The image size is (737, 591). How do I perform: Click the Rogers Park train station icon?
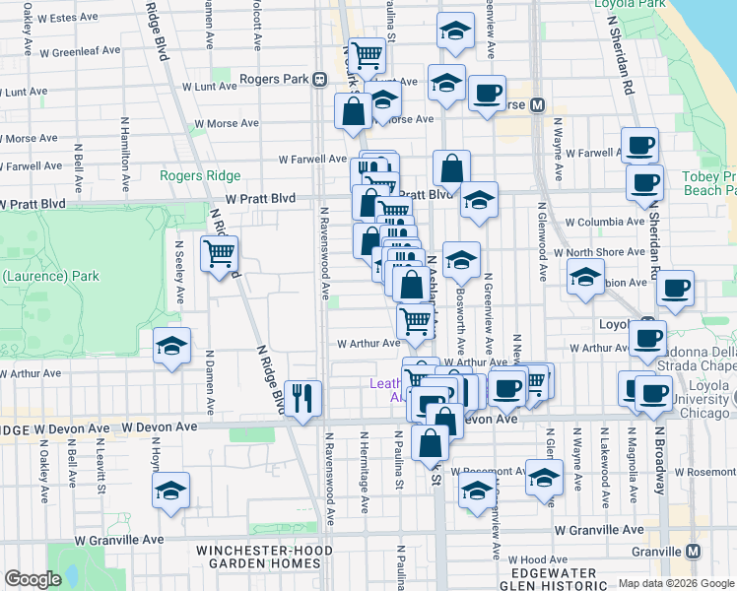[x=319, y=80]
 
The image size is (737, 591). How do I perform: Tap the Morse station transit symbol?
[x=538, y=105]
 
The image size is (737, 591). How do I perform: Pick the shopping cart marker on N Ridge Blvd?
[x=219, y=254]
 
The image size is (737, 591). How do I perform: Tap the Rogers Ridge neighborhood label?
[x=200, y=175]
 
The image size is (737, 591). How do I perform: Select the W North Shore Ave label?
[x=605, y=252]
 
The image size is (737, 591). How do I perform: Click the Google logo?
[x=33, y=579]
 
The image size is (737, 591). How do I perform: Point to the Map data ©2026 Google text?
[x=674, y=583]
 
